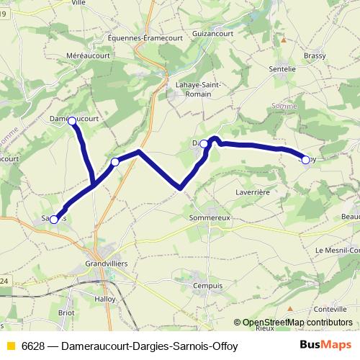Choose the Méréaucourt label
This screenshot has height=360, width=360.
coord(86,55)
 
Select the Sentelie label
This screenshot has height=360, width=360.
coord(282,68)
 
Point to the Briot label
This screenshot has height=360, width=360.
coord(66,312)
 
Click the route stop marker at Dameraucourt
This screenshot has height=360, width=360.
coord(72,122)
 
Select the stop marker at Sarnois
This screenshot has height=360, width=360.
coord(54,210)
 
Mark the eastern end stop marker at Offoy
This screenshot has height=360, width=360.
coord(305,160)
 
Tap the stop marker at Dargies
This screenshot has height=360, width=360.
coord(204,144)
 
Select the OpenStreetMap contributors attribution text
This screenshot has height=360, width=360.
coord(297,322)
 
